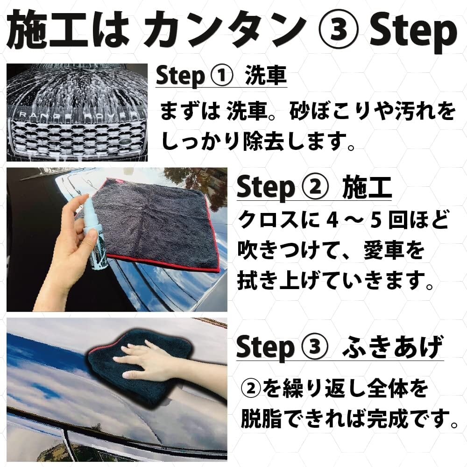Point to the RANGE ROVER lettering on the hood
76,115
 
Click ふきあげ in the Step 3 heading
393,347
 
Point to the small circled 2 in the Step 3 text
251,389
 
